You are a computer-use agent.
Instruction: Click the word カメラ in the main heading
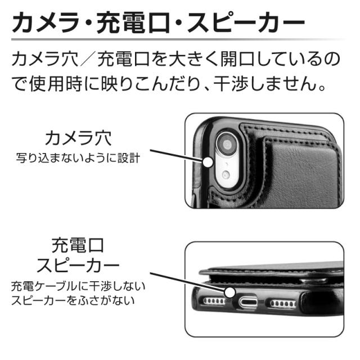[46, 22]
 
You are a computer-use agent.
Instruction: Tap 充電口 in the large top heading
[133, 22]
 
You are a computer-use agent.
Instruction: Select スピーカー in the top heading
[246, 22]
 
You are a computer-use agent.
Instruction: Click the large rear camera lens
[227, 145]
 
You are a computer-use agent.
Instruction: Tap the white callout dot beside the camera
[209, 163]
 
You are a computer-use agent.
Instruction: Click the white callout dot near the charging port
[230, 292]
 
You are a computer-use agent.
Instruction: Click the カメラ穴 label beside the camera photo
[78, 138]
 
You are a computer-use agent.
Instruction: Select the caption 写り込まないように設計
[78, 158]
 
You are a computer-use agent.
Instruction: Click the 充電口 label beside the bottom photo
[78, 245]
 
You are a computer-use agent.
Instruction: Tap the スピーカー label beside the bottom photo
[78, 265]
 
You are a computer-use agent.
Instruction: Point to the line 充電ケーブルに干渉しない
[78, 286]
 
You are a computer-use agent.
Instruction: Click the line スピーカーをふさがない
[73, 300]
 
